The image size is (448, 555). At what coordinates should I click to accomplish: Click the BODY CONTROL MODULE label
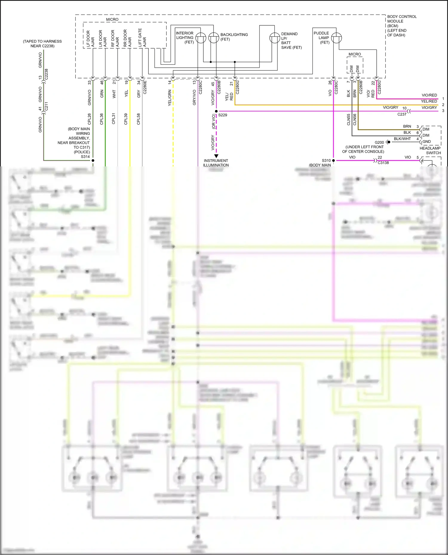(401, 26)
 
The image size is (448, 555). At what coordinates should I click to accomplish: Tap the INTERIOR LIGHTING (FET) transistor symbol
(201, 38)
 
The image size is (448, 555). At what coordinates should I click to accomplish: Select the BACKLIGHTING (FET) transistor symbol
(214, 38)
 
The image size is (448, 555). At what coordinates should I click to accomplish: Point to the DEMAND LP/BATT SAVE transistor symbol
(274, 38)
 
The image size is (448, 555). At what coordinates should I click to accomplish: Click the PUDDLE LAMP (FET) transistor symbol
(336, 38)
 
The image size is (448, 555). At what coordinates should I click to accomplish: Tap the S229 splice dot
(216, 111)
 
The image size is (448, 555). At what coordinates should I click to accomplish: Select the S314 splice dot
(93, 160)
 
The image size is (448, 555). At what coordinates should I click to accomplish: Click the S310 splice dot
(333, 160)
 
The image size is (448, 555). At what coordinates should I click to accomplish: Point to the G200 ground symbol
(388, 142)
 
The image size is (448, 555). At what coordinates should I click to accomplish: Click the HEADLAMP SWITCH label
(430, 150)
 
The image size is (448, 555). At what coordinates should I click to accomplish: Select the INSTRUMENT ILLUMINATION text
(216, 163)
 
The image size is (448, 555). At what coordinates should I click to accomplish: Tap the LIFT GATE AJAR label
(142, 38)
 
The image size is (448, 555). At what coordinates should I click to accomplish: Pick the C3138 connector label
(383, 163)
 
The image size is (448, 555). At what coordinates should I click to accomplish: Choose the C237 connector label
(402, 114)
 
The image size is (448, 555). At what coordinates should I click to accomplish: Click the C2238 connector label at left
(46, 74)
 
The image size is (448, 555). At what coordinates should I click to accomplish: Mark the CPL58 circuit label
(138, 119)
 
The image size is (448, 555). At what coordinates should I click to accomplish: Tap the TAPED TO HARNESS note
(42, 44)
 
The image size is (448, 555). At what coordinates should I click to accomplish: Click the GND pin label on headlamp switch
(426, 142)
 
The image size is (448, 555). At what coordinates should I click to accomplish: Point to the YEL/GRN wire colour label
(170, 98)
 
